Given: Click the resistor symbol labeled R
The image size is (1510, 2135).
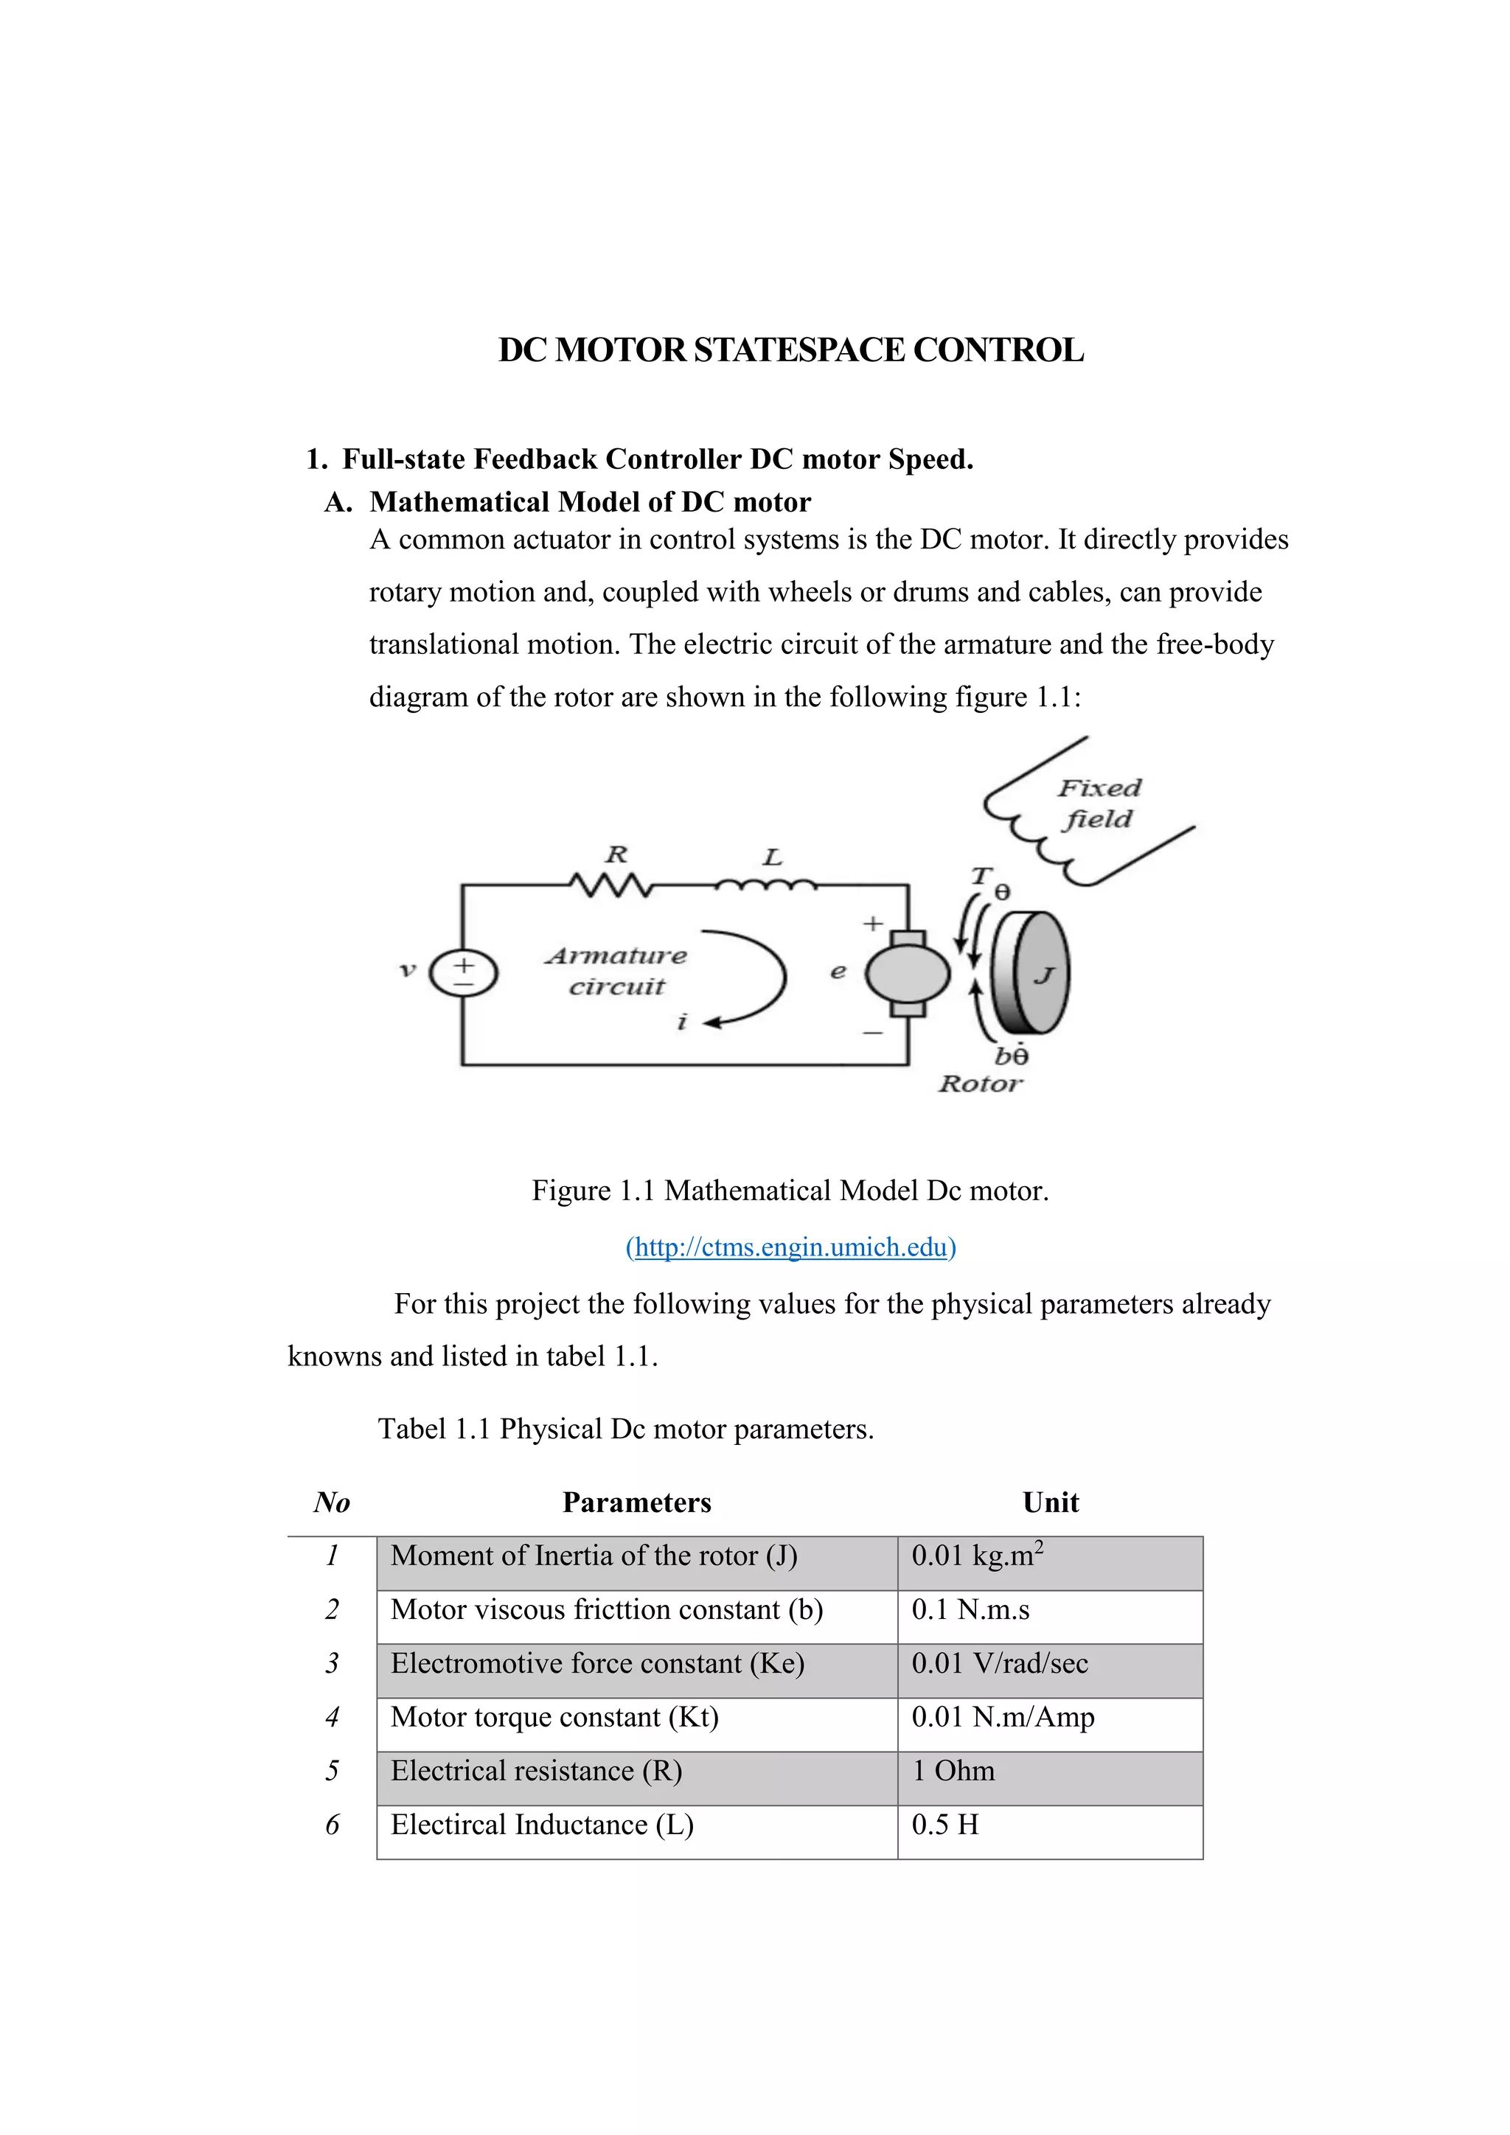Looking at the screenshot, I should (x=612, y=885).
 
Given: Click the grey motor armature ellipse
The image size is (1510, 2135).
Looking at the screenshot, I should (x=908, y=975).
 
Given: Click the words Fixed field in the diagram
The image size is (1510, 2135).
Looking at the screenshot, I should (x=1098, y=804).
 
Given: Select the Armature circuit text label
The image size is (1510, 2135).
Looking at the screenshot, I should (x=616, y=971).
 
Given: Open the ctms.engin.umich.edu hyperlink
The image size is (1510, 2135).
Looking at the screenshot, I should (x=790, y=1247).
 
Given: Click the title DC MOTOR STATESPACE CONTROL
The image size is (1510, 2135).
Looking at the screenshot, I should (x=790, y=351).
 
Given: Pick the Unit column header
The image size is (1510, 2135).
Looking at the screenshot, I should (x=1050, y=1502).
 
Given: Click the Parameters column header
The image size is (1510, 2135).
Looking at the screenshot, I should (x=636, y=1502).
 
